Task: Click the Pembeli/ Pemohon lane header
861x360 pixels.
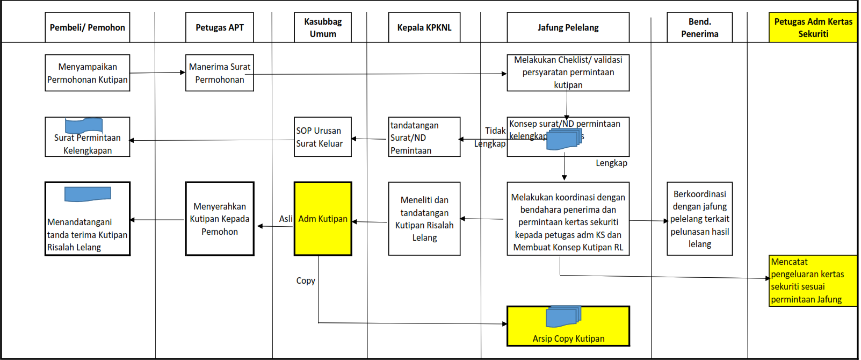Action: [x=87, y=27]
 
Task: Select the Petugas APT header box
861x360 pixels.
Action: [x=219, y=27]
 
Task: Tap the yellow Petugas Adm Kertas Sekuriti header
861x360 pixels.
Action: [x=813, y=27]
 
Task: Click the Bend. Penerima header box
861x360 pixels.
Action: [x=699, y=27]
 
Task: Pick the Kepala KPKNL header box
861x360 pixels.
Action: [x=424, y=27]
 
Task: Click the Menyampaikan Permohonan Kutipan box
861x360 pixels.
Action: [x=87, y=73]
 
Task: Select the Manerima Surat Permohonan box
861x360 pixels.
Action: [x=219, y=73]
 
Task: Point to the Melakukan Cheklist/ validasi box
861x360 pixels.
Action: [x=568, y=73]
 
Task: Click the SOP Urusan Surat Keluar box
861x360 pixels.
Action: [x=322, y=137]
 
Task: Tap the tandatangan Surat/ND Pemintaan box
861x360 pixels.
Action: [x=424, y=137]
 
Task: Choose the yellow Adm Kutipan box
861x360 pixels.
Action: [x=323, y=219]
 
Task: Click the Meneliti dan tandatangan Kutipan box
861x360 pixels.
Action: [x=424, y=219]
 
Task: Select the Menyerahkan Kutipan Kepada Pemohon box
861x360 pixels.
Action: [x=219, y=219]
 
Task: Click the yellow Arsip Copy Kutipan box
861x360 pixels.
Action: [x=568, y=326]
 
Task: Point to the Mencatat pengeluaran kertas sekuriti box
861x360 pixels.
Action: [x=813, y=280]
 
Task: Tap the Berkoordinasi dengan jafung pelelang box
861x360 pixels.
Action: [x=699, y=219]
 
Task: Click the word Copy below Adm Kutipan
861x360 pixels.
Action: [x=306, y=280]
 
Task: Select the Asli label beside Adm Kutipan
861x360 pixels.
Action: [x=286, y=219]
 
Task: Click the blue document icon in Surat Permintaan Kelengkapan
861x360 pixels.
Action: [x=84, y=125]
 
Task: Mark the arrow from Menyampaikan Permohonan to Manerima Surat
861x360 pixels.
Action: [x=157, y=73]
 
